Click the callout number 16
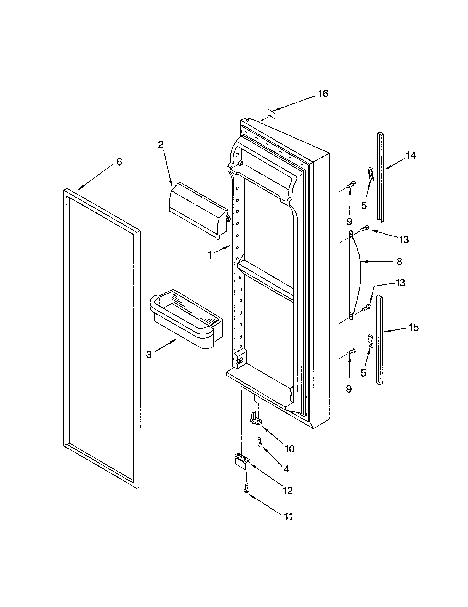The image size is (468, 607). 323,94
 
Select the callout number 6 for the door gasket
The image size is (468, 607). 119,161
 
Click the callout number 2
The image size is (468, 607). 161,144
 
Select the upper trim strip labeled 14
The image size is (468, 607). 380,176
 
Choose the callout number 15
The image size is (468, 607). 414,327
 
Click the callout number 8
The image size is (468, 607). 399,261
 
